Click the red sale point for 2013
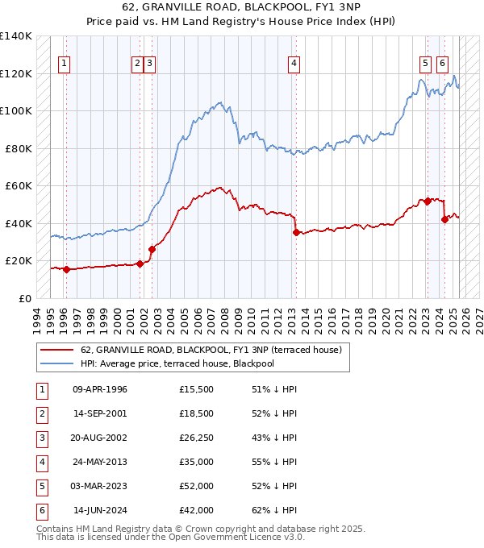[296, 232]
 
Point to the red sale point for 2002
[152, 249]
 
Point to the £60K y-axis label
[19, 185]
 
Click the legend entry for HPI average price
[189, 363]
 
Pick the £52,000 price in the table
[197, 486]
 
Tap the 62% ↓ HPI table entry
[274, 510]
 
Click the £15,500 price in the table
[197, 389]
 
